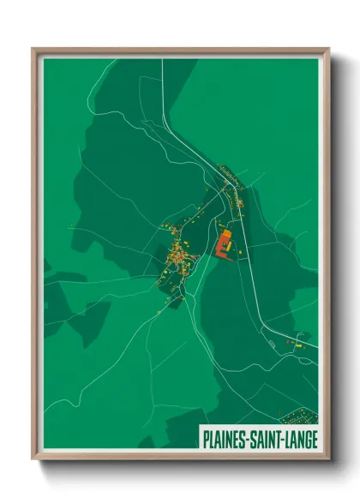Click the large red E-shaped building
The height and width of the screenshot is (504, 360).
pyautogui.click(x=224, y=245)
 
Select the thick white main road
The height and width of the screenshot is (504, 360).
pyautogui.click(x=257, y=283)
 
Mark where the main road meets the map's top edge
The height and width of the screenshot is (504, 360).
pyautogui.click(x=159, y=60)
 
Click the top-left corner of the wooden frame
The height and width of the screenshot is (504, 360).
pyautogui.click(x=33, y=49)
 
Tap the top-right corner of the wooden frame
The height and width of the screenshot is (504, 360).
pyautogui.click(x=328, y=49)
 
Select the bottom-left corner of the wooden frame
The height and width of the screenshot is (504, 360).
pyautogui.click(x=33, y=458)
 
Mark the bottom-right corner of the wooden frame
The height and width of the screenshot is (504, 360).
pyautogui.click(x=328, y=458)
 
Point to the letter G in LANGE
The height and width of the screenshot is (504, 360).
pyautogui.click(x=304, y=437)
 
